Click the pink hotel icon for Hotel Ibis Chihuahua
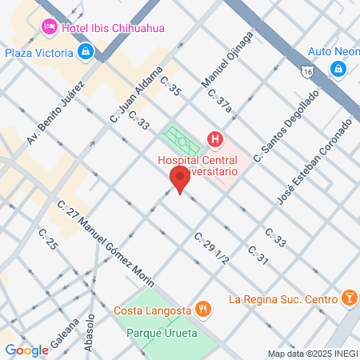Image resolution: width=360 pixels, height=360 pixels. tap(49, 27)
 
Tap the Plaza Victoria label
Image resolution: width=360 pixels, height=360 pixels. tap(39, 53)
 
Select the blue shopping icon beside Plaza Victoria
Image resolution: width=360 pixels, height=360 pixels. tap(86, 53)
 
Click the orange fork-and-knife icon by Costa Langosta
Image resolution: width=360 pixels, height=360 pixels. tap(204, 309)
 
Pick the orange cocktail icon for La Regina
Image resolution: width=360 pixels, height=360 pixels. tap(349, 299)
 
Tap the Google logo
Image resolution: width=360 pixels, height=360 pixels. tap(26, 350)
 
